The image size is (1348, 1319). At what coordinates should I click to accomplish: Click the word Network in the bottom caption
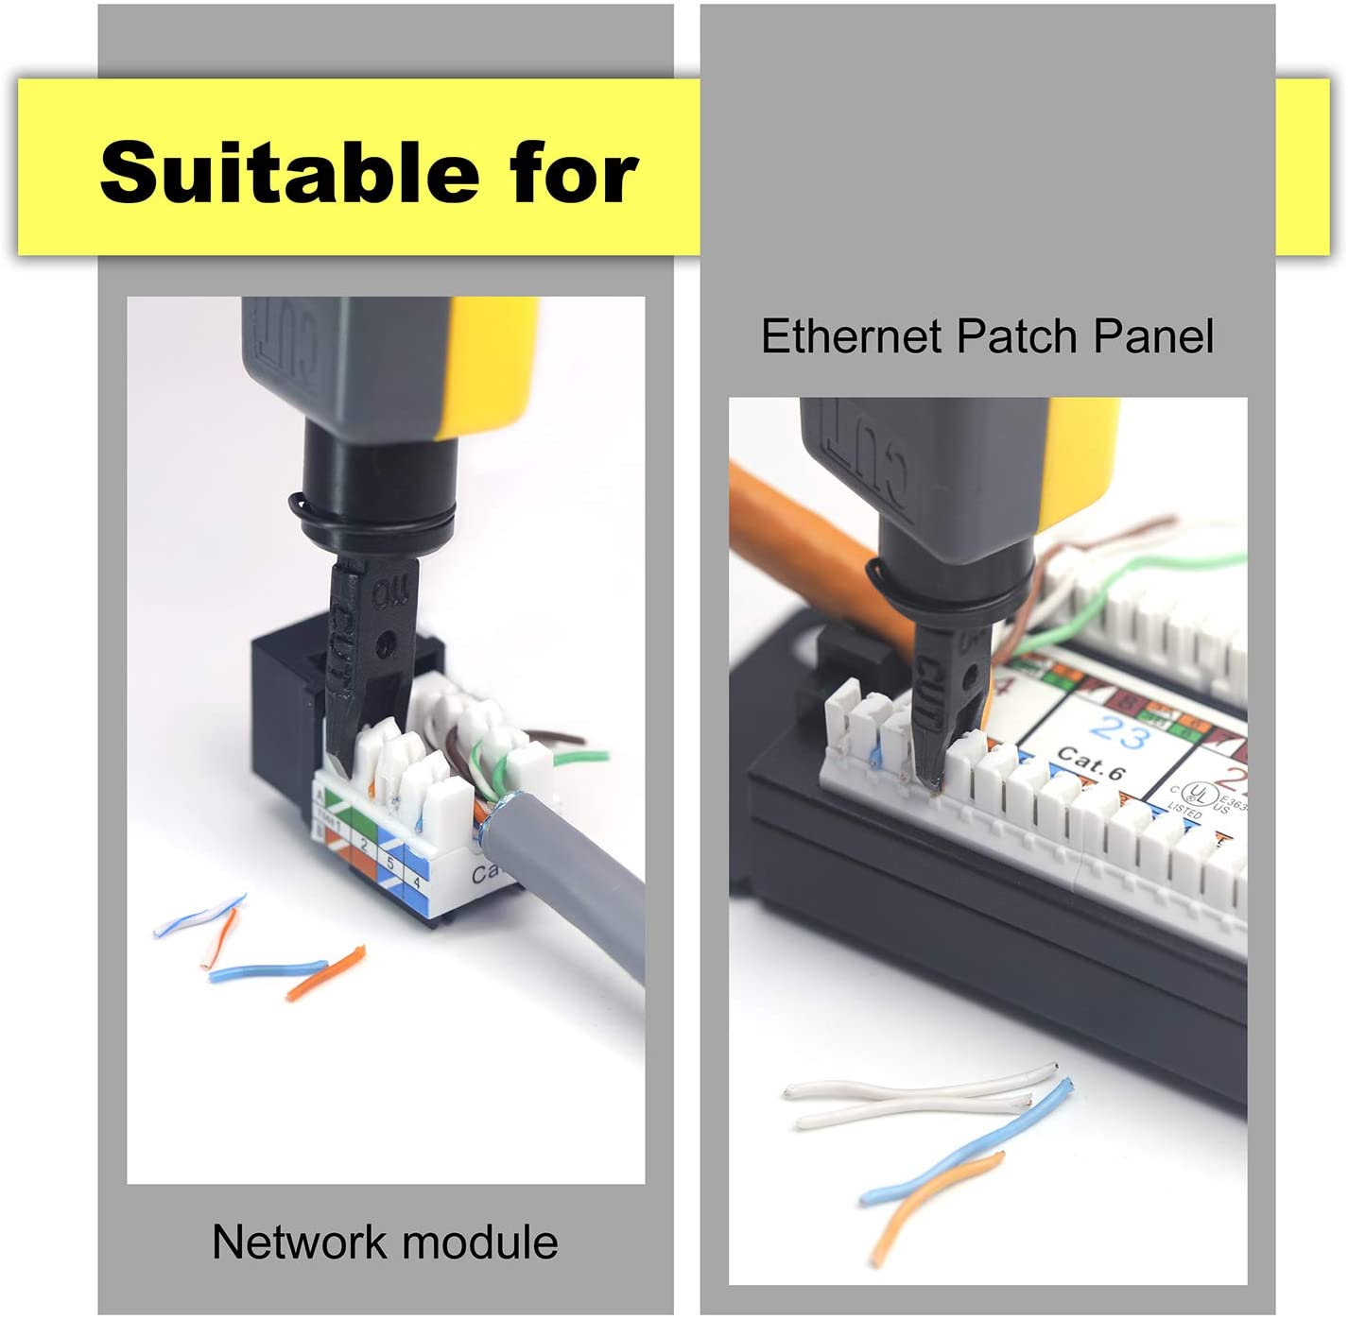[x=298, y=1242]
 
